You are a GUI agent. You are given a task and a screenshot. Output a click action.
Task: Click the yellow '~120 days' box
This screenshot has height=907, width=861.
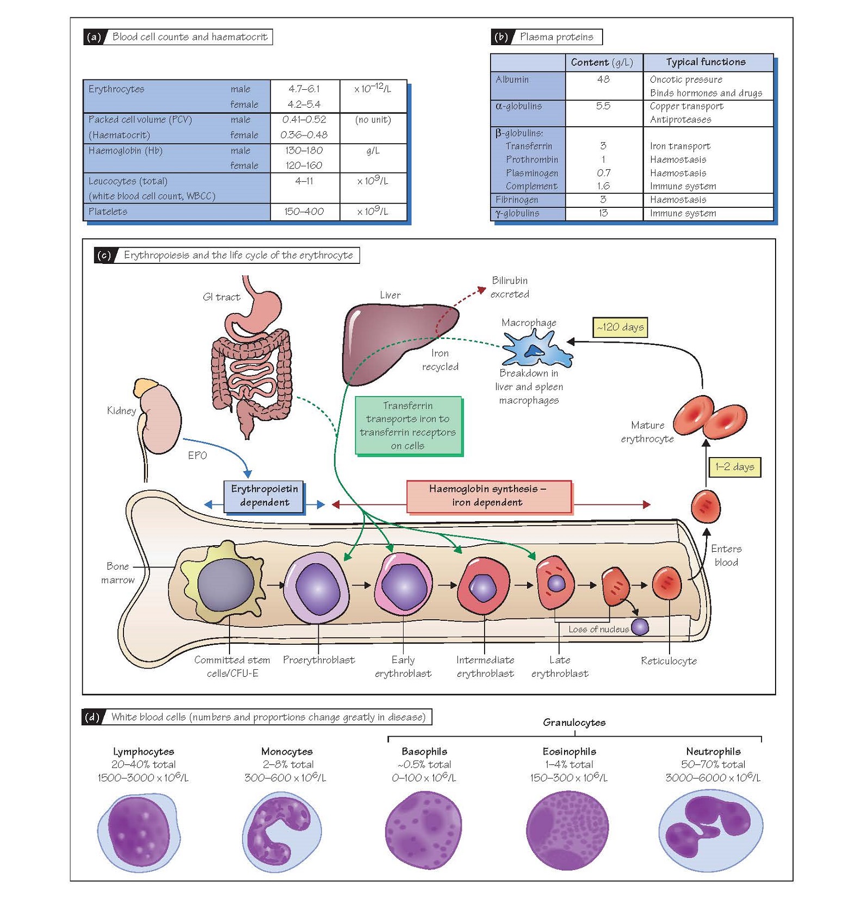[620, 328]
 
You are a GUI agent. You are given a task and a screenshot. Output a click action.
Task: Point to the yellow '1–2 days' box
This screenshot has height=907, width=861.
[734, 467]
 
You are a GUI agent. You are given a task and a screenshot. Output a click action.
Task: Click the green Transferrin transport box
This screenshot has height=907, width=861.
[408, 425]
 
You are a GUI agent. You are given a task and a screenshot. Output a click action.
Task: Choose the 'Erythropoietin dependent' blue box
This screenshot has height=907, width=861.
[264, 496]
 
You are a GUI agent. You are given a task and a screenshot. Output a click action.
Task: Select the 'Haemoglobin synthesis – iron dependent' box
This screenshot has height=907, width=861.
[488, 496]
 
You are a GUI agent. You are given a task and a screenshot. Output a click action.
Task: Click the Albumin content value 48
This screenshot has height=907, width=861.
[603, 79]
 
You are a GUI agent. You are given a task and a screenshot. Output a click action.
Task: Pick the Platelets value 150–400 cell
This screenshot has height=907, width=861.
[304, 212]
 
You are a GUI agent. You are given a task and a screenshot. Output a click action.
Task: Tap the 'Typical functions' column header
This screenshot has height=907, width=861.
[706, 62]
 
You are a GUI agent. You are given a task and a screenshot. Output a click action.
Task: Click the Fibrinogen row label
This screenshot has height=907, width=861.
[517, 200]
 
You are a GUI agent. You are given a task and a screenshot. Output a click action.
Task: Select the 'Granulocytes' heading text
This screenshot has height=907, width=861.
[574, 723]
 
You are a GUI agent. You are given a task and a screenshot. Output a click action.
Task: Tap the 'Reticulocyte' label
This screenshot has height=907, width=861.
[668, 661]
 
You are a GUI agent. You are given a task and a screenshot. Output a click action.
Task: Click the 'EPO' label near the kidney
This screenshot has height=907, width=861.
[197, 455]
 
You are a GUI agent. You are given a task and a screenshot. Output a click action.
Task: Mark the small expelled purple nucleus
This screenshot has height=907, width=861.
[640, 627]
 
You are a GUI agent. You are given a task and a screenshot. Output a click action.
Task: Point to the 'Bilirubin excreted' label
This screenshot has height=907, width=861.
[510, 287]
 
